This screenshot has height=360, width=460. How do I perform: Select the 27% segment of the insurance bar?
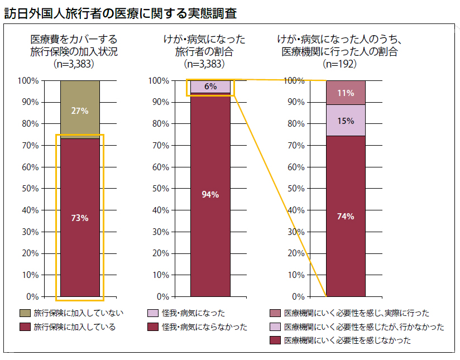[x=80, y=110]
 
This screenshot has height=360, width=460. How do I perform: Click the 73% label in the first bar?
[x=80, y=218]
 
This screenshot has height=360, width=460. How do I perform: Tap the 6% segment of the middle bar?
[x=210, y=87]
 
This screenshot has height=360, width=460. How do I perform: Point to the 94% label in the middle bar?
[x=210, y=195]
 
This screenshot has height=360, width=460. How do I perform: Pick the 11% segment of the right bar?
[x=346, y=93]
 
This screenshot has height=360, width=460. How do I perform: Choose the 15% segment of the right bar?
[x=346, y=120]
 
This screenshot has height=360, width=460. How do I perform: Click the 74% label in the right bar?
[x=346, y=217]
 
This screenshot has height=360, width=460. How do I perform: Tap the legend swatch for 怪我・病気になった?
[x=153, y=313]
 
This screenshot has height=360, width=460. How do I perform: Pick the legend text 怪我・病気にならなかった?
[x=204, y=327]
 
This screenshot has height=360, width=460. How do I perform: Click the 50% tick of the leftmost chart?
[x=30, y=189]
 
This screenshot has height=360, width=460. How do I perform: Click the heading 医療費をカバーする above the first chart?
[x=74, y=40]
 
